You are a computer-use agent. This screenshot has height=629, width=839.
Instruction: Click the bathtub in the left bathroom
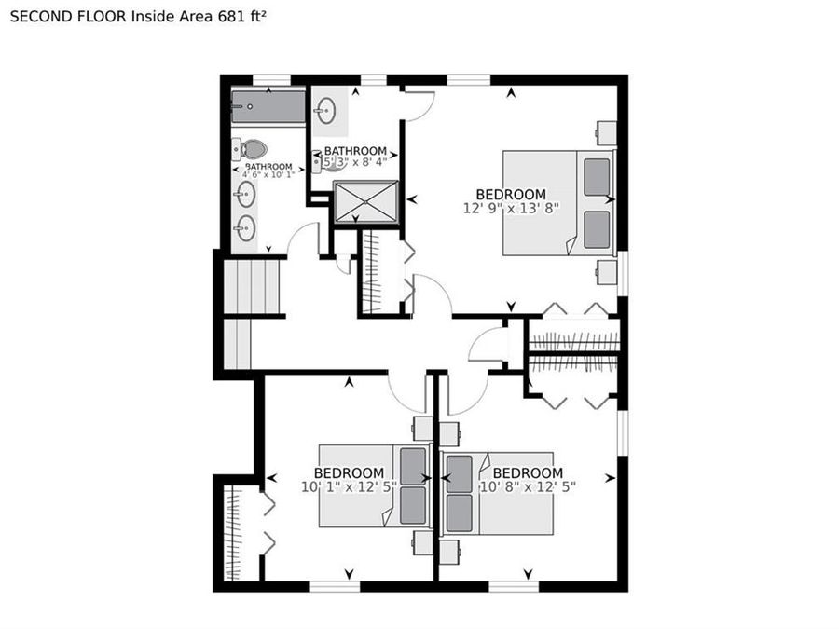(x=268, y=106)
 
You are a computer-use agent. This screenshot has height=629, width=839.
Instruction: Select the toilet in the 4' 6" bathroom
(x=250, y=148)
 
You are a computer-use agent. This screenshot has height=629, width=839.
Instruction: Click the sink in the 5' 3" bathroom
(x=325, y=114)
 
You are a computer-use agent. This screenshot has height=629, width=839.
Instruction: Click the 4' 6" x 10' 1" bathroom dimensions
(x=268, y=174)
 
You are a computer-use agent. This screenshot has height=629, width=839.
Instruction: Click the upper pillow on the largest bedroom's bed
(x=597, y=176)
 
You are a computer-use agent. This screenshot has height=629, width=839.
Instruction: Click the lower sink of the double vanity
(x=246, y=228)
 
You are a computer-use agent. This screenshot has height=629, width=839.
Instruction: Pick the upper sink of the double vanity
(x=246, y=194)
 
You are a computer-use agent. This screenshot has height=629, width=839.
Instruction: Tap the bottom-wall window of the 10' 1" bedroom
(x=334, y=585)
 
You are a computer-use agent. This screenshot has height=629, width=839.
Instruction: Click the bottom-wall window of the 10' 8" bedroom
(x=514, y=585)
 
